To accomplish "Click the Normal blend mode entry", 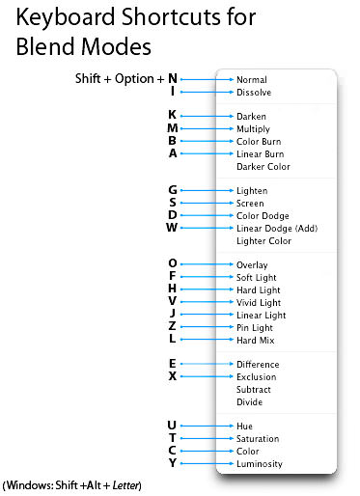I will click(x=252, y=79).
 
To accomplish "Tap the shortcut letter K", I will click(x=173, y=116).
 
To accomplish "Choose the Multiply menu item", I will click(x=253, y=128).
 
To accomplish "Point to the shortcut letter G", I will click(x=173, y=190).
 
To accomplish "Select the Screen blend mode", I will click(x=251, y=204).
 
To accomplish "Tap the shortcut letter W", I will click(x=172, y=228).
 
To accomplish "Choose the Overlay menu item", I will click(x=252, y=264).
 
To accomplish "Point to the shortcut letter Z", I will click(x=173, y=327).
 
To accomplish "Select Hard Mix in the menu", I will click(x=254, y=340).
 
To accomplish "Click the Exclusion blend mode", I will click(x=256, y=377).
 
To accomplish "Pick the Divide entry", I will click(x=249, y=402).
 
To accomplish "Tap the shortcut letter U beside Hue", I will click(x=173, y=426).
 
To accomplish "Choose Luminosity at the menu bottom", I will click(x=259, y=464).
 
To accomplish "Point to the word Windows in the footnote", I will click(x=29, y=483).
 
